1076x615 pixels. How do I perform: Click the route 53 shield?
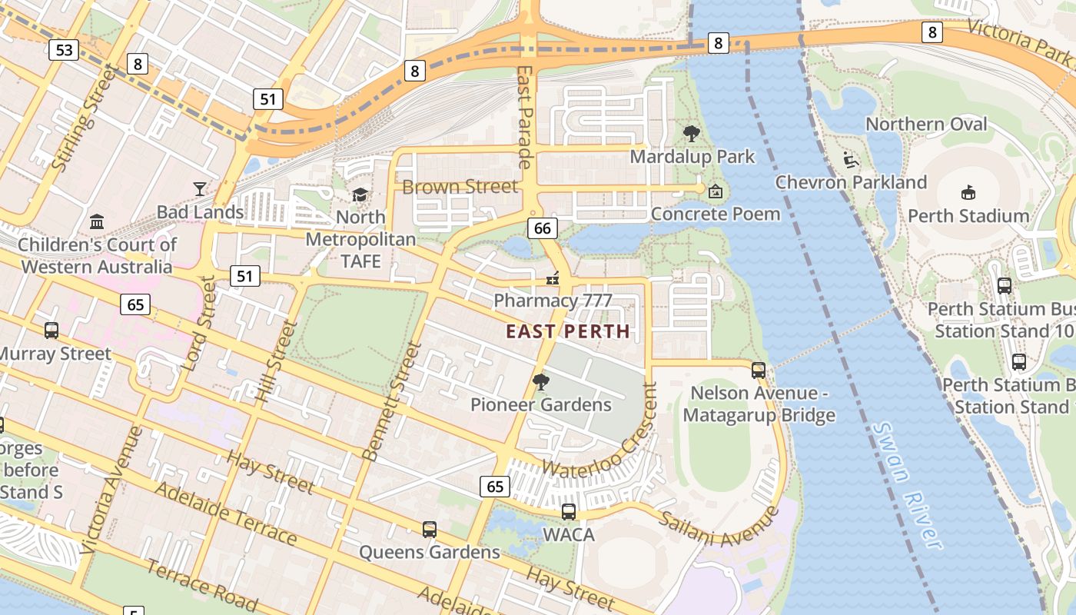[64, 51]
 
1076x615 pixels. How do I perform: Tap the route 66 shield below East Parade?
[542, 228]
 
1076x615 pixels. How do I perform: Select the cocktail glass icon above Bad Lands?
[200, 188]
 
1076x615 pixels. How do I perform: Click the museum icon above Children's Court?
[97, 222]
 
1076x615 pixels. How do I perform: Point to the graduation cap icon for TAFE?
[360, 195]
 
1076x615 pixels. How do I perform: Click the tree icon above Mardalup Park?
[691, 134]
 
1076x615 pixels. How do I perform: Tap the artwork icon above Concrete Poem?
[715, 191]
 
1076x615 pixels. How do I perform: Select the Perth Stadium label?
[968, 216]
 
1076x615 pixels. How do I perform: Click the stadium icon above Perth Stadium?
[968, 192]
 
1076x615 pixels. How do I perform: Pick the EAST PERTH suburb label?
[568, 332]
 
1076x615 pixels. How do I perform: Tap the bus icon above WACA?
[568, 511]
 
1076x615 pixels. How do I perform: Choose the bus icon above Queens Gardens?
[429, 530]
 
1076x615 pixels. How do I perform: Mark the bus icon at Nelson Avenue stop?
[758, 371]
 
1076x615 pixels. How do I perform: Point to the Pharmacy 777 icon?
[552, 278]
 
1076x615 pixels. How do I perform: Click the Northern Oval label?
[926, 124]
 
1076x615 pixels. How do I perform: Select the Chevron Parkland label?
[851, 182]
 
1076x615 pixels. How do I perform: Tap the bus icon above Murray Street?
[51, 331]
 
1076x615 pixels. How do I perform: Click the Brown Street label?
[460, 186]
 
